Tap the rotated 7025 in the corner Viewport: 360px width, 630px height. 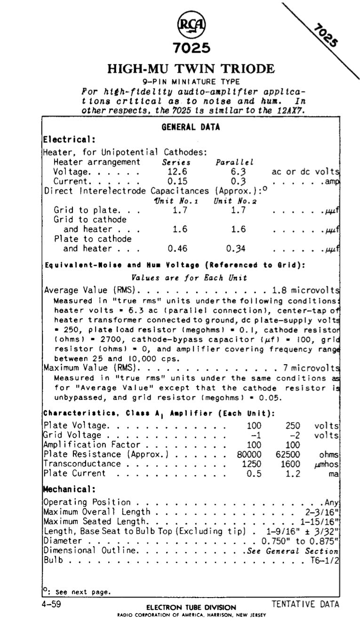click(325, 35)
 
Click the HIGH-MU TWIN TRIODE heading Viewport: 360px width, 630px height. click(191, 69)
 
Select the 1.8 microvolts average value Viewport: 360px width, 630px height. click(305, 290)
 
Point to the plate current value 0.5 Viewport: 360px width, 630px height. click(254, 474)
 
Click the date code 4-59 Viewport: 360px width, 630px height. click(52, 604)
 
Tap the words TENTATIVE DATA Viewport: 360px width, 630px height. click(305, 604)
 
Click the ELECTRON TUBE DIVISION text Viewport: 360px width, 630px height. click(191, 607)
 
